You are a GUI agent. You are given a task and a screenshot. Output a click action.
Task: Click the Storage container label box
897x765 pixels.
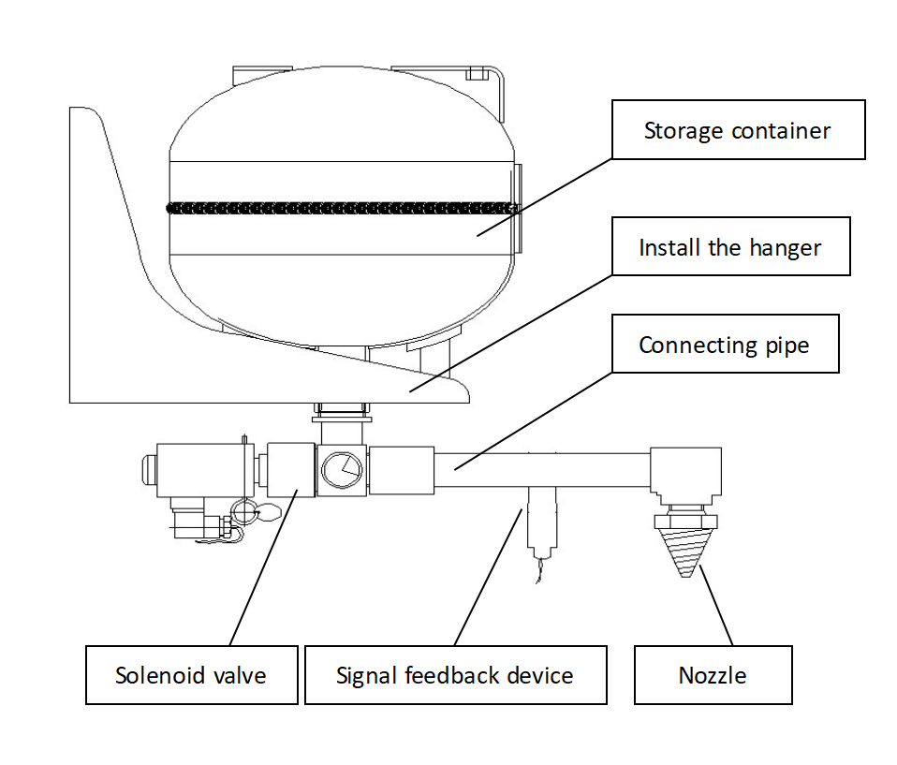(x=737, y=130)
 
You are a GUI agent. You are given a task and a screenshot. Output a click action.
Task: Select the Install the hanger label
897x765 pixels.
(x=730, y=247)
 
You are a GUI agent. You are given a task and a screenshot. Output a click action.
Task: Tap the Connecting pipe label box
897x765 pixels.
(x=724, y=345)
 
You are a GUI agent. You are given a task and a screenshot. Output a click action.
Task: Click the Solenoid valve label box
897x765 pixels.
(x=191, y=675)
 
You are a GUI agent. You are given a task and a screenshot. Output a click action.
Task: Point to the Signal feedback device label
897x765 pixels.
(x=455, y=675)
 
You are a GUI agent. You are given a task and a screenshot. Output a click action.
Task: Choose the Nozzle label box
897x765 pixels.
(x=713, y=675)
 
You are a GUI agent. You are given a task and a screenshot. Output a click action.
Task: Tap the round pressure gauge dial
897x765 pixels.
(x=339, y=468)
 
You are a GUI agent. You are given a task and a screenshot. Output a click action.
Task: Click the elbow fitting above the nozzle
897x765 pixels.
(x=687, y=473)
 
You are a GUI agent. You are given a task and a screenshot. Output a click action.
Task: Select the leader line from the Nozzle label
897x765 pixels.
(x=716, y=609)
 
